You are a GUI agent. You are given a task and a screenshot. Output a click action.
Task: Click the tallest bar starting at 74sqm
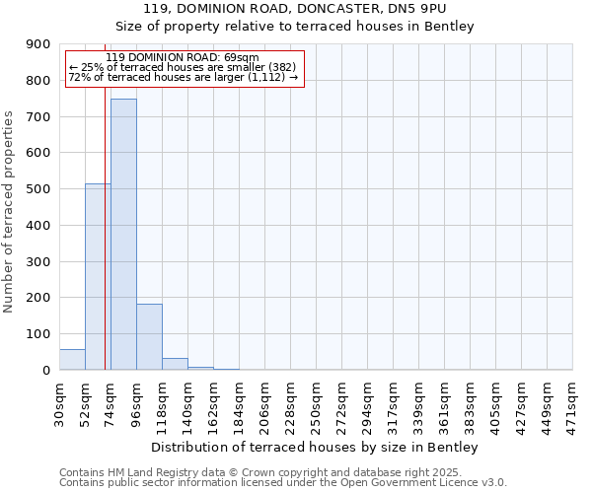click(x=123, y=235)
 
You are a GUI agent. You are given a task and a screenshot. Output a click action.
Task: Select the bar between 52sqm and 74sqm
click(x=98, y=277)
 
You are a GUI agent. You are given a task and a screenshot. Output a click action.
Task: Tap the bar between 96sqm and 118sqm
click(x=149, y=337)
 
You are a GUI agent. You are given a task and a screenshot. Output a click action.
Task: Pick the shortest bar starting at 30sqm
click(x=72, y=360)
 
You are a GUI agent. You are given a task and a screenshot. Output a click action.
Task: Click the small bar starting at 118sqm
click(x=175, y=364)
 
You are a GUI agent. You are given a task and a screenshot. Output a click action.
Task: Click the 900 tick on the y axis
click(x=38, y=44)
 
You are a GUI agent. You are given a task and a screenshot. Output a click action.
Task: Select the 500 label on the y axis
click(x=38, y=189)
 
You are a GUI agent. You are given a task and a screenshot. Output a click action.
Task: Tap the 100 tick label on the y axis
click(x=38, y=334)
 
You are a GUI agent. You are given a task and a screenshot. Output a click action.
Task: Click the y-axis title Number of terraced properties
click(x=9, y=211)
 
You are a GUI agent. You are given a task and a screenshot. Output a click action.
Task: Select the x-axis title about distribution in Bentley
click(x=317, y=448)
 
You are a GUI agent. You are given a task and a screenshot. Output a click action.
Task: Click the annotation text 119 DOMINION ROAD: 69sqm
click(x=182, y=58)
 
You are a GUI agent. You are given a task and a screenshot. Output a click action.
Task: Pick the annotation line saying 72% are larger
click(x=184, y=77)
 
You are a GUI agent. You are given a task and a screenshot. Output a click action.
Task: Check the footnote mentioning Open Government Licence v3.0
click(x=283, y=483)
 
